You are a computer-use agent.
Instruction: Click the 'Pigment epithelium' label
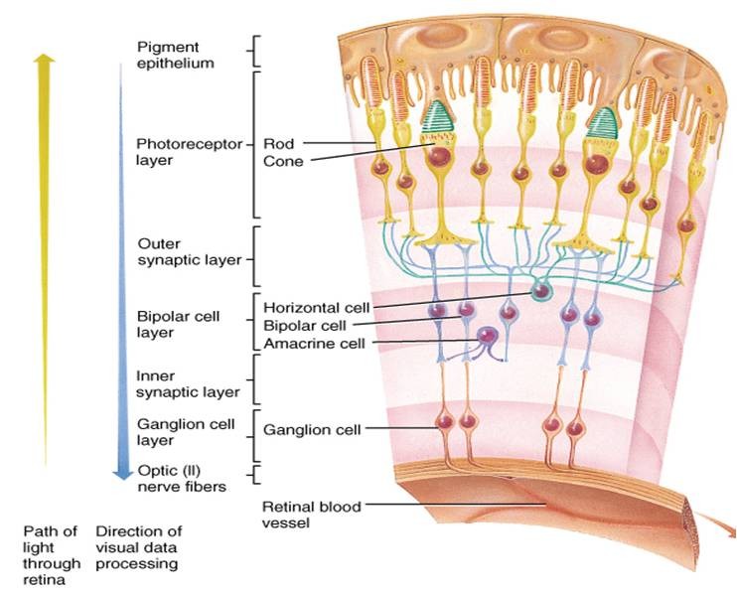click(x=177, y=56)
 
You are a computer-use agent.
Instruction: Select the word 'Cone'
click(x=283, y=161)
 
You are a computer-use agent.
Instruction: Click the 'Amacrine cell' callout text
click(x=306, y=343)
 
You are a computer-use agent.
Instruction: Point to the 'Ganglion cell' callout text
click(x=311, y=430)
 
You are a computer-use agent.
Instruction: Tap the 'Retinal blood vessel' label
click(x=311, y=515)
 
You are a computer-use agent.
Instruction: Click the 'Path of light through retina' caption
click(x=51, y=555)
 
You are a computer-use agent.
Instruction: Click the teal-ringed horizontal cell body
click(x=540, y=291)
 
